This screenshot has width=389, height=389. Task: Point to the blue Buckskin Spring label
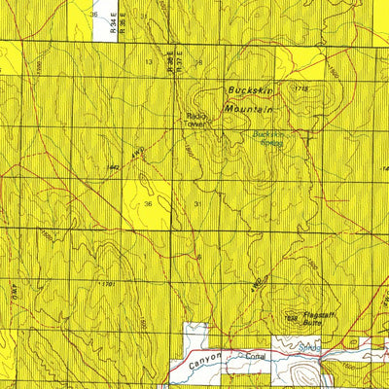coord(266,138)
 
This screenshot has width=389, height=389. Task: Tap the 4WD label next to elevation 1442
coord(138,153)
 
